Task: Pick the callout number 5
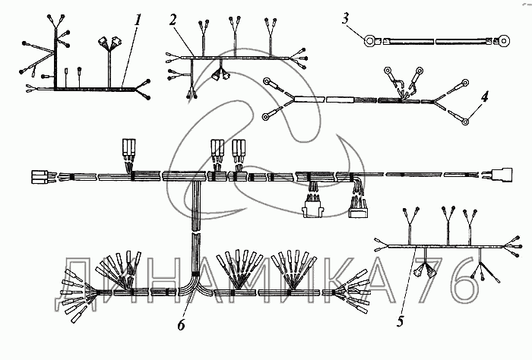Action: click(x=400, y=321)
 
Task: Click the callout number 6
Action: click(x=180, y=326)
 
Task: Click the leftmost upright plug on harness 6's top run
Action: click(x=127, y=149)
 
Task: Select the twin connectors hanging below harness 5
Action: click(x=430, y=270)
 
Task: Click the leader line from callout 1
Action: click(x=130, y=53)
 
